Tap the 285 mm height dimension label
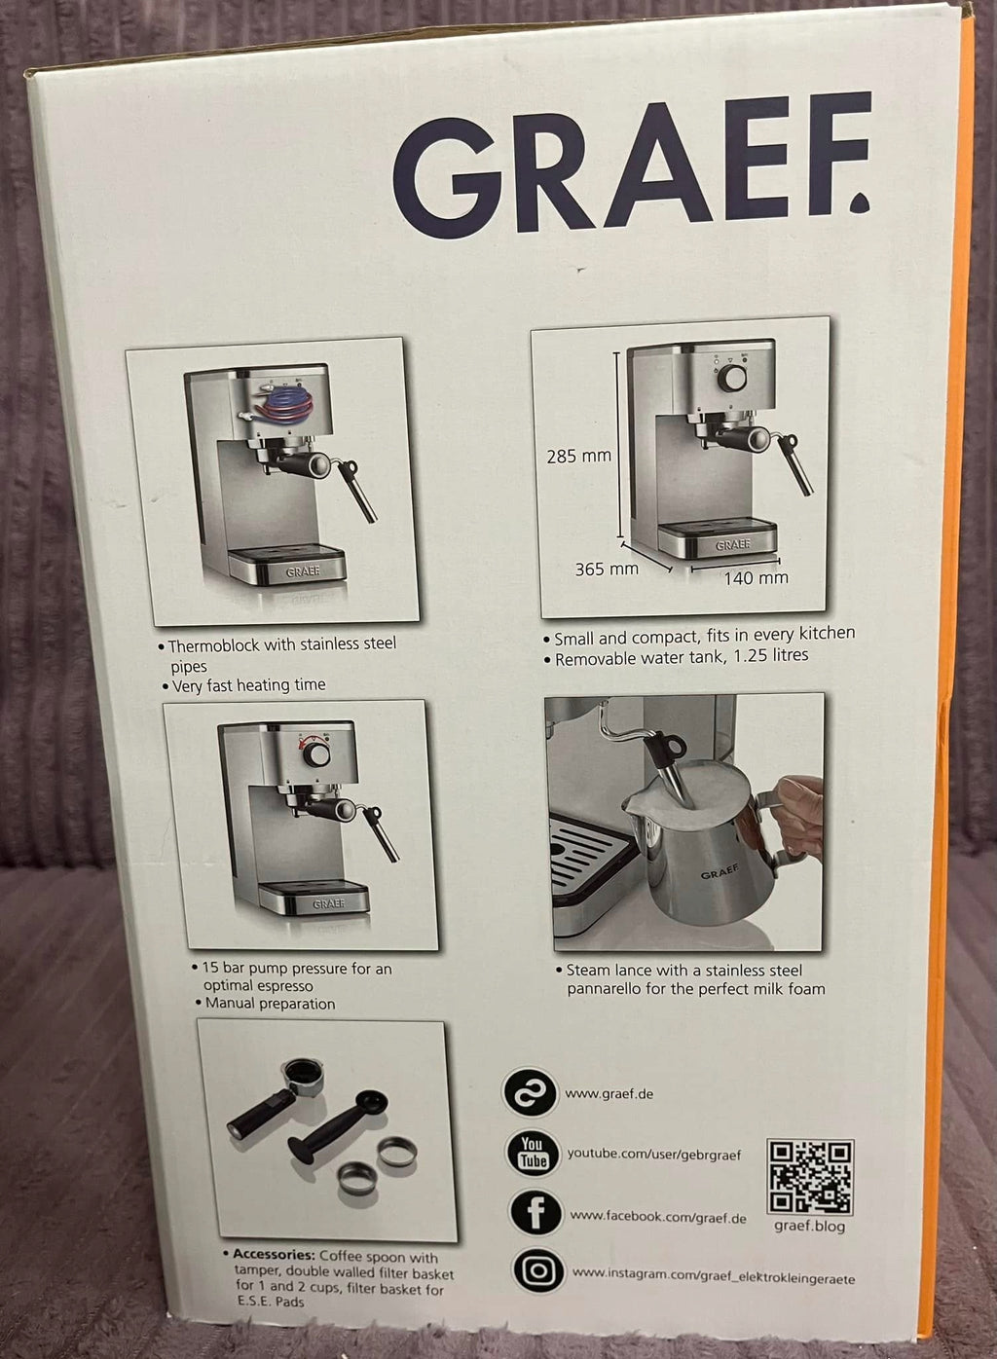tap(578, 457)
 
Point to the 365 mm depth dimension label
tap(607, 569)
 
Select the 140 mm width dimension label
tap(756, 577)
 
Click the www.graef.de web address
tap(609, 1094)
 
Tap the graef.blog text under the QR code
tap(809, 1226)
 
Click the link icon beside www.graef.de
tap(530, 1092)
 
